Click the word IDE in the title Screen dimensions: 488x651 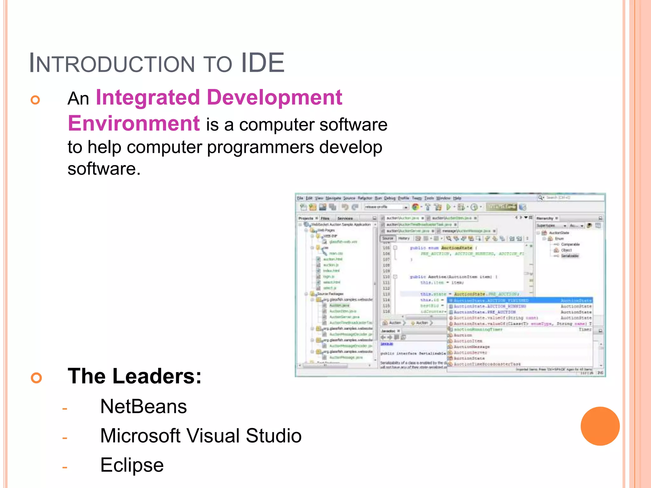tap(263, 63)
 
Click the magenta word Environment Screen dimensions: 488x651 tap(134, 124)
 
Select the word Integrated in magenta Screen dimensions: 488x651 tap(148, 98)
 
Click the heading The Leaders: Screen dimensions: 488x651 tap(134, 376)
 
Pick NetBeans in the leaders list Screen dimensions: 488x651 tap(143, 406)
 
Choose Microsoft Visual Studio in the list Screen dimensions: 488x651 tap(201, 436)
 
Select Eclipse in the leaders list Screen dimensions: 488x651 tap(132, 465)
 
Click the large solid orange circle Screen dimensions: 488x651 tap(600, 426)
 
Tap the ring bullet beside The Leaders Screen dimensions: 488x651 tap(37, 378)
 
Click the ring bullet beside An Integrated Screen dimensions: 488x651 tap(35, 100)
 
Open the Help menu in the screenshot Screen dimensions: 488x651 tap(457, 198)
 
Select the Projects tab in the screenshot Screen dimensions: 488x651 tap(306, 218)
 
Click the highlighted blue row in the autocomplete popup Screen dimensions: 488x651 tap(520, 300)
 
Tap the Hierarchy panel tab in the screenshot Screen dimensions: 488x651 tap(545, 218)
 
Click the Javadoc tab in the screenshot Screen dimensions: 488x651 tap(388, 331)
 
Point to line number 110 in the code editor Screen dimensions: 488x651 tap(386, 277)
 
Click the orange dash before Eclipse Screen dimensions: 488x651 tap(65, 467)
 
